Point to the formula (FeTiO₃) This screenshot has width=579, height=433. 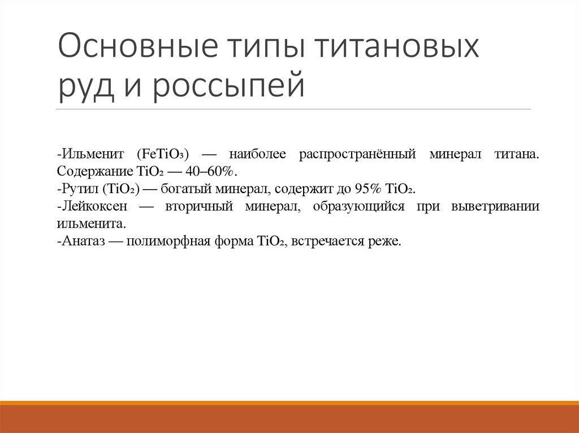pos(162,154)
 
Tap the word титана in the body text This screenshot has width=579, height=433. pos(517,154)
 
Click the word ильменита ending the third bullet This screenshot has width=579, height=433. pos(90,224)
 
